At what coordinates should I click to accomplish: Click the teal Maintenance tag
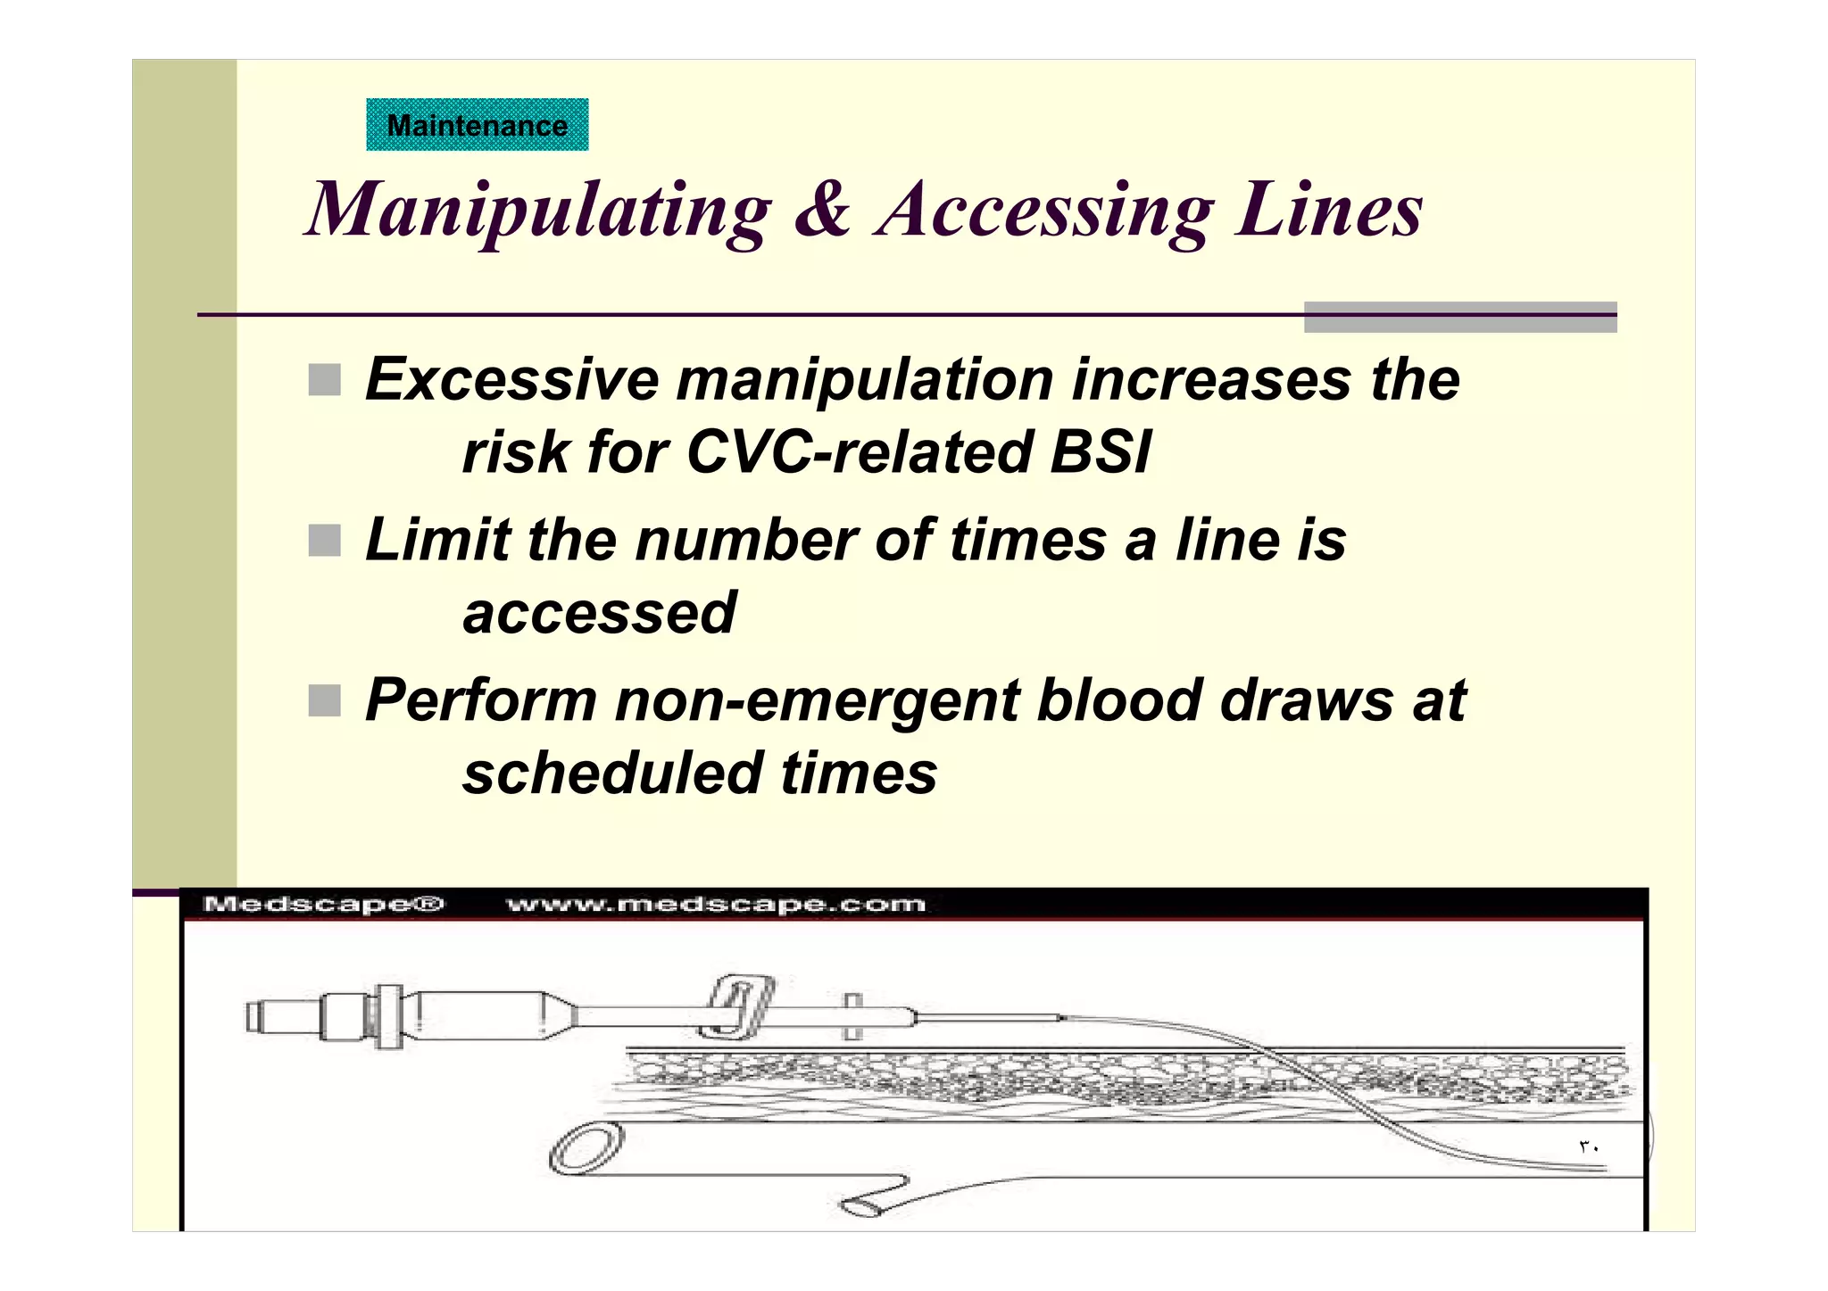[477, 125]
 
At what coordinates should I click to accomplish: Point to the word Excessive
[511, 379]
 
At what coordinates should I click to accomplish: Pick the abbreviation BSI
[1100, 451]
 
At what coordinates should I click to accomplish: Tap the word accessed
[599, 613]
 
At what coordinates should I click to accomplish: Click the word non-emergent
[817, 700]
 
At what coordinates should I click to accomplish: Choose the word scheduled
[611, 773]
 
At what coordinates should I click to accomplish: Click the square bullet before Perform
[325, 700]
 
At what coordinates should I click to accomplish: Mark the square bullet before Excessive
[325, 380]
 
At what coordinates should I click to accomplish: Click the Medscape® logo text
[323, 905]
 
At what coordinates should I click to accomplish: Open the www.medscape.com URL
[716, 905]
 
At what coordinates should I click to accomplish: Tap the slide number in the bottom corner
[1589, 1147]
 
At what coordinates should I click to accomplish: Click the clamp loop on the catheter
[738, 1006]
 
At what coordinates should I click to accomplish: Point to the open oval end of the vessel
[586, 1149]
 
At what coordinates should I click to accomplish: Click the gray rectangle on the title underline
[1460, 317]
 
